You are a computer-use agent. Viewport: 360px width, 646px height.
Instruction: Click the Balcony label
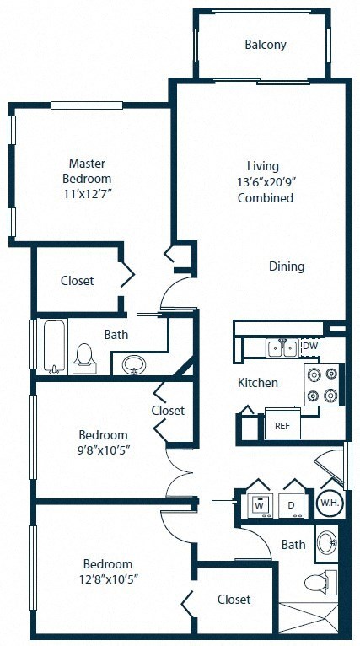(266, 45)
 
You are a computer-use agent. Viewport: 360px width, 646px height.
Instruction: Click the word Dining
(287, 266)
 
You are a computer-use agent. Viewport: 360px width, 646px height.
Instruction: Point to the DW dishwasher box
(310, 347)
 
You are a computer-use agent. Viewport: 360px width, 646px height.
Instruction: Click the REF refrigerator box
(282, 426)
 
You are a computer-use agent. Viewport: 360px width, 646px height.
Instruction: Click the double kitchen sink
(281, 347)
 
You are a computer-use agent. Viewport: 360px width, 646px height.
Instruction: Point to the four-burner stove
(324, 385)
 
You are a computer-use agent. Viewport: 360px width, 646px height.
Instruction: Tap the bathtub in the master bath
(54, 346)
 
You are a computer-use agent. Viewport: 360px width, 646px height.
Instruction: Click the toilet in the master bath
(84, 357)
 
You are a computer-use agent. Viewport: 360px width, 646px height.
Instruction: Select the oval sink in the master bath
(133, 365)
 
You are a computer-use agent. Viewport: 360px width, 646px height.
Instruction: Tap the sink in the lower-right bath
(325, 542)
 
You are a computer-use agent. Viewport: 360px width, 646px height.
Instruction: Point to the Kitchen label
(257, 383)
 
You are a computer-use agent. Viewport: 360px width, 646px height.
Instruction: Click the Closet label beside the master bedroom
(77, 280)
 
